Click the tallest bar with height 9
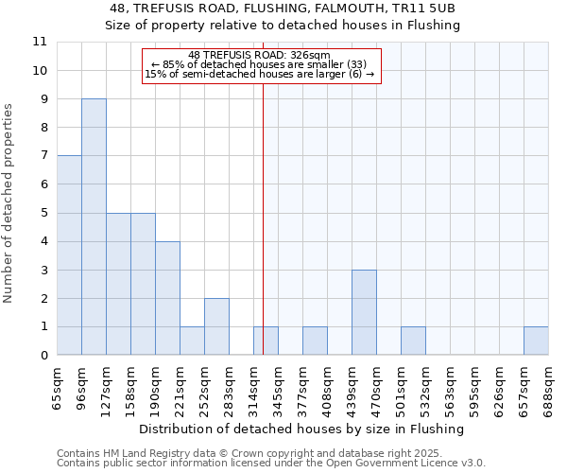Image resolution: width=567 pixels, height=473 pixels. (94, 227)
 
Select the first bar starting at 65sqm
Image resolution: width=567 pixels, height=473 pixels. (69, 255)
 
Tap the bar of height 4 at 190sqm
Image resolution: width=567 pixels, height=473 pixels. (167, 298)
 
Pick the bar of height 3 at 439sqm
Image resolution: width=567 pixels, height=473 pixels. (364, 312)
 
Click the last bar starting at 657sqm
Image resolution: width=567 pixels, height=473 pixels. (536, 342)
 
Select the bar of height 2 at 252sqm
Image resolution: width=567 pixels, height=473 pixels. (216, 326)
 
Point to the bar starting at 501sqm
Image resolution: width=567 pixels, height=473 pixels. (413, 342)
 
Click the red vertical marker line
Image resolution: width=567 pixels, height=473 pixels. (263, 236)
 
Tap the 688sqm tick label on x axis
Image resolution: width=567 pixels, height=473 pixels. (549, 386)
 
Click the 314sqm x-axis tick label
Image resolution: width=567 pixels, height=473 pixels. (254, 386)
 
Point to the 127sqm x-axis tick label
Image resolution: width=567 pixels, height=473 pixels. (107, 386)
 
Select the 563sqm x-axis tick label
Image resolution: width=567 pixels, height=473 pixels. (451, 386)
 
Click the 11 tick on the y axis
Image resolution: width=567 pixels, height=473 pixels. (40, 42)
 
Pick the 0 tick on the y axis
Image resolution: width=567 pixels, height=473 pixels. (43, 356)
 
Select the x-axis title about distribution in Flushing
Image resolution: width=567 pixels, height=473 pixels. (308, 429)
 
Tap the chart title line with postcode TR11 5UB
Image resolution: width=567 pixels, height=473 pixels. (283, 9)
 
